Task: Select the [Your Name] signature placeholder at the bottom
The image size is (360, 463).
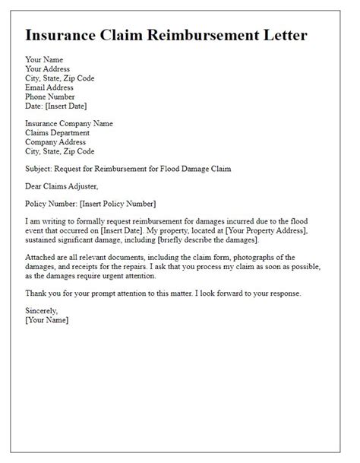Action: pos(46,320)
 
